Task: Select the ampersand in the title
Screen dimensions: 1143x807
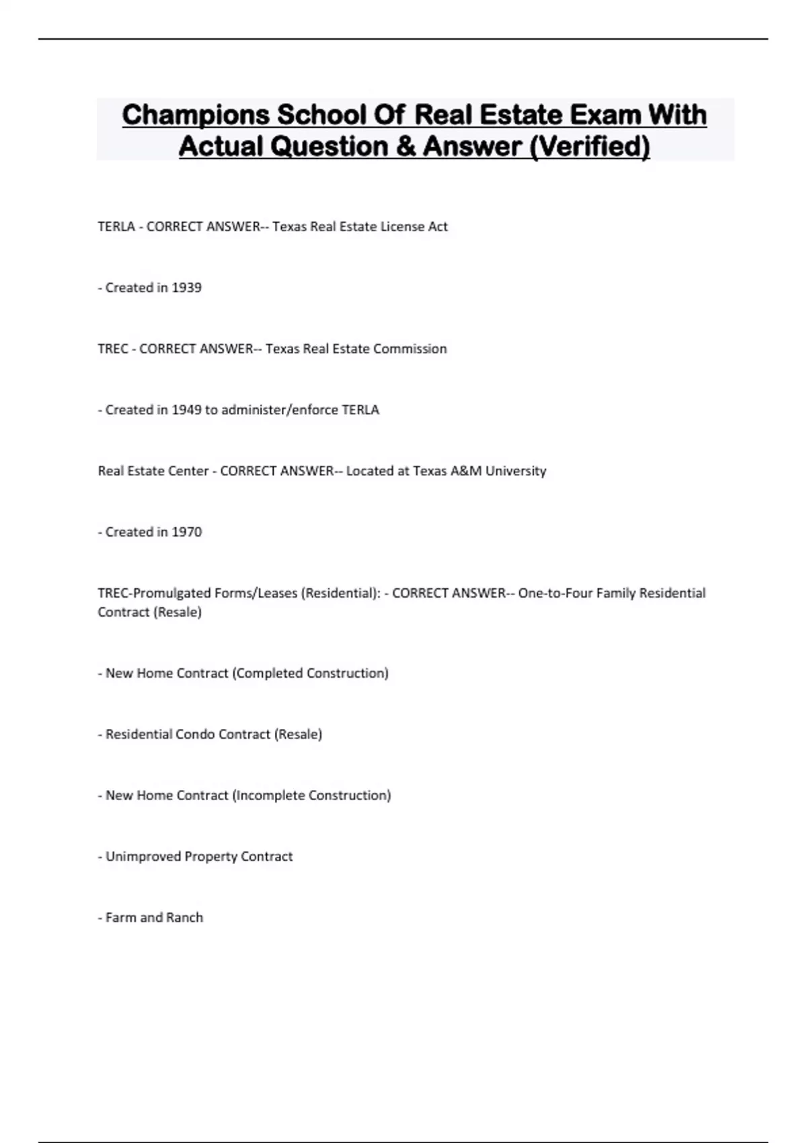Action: [406, 146]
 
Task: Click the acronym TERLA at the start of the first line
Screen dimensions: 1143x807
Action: [116, 227]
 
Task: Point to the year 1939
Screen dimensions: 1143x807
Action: [186, 288]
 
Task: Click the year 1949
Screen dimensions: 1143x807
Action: [186, 410]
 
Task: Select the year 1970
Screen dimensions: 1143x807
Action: [186, 533]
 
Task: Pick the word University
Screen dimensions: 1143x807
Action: [516, 471]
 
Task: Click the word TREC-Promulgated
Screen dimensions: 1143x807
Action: [154, 593]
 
